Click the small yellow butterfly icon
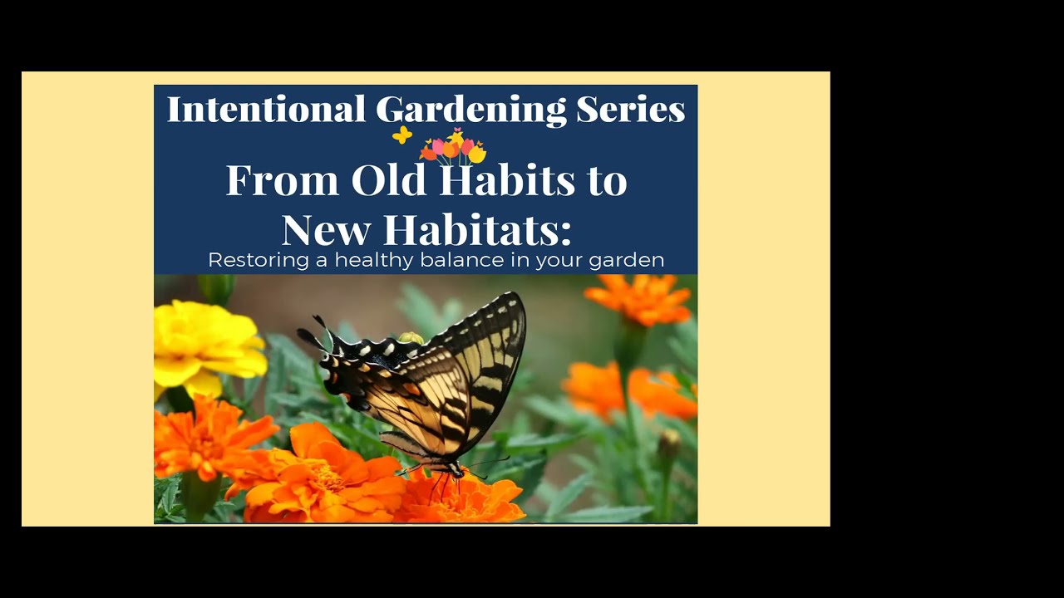coord(402,135)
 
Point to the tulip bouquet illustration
coord(454,148)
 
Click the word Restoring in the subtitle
coord(259,261)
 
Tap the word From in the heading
coord(282,181)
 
